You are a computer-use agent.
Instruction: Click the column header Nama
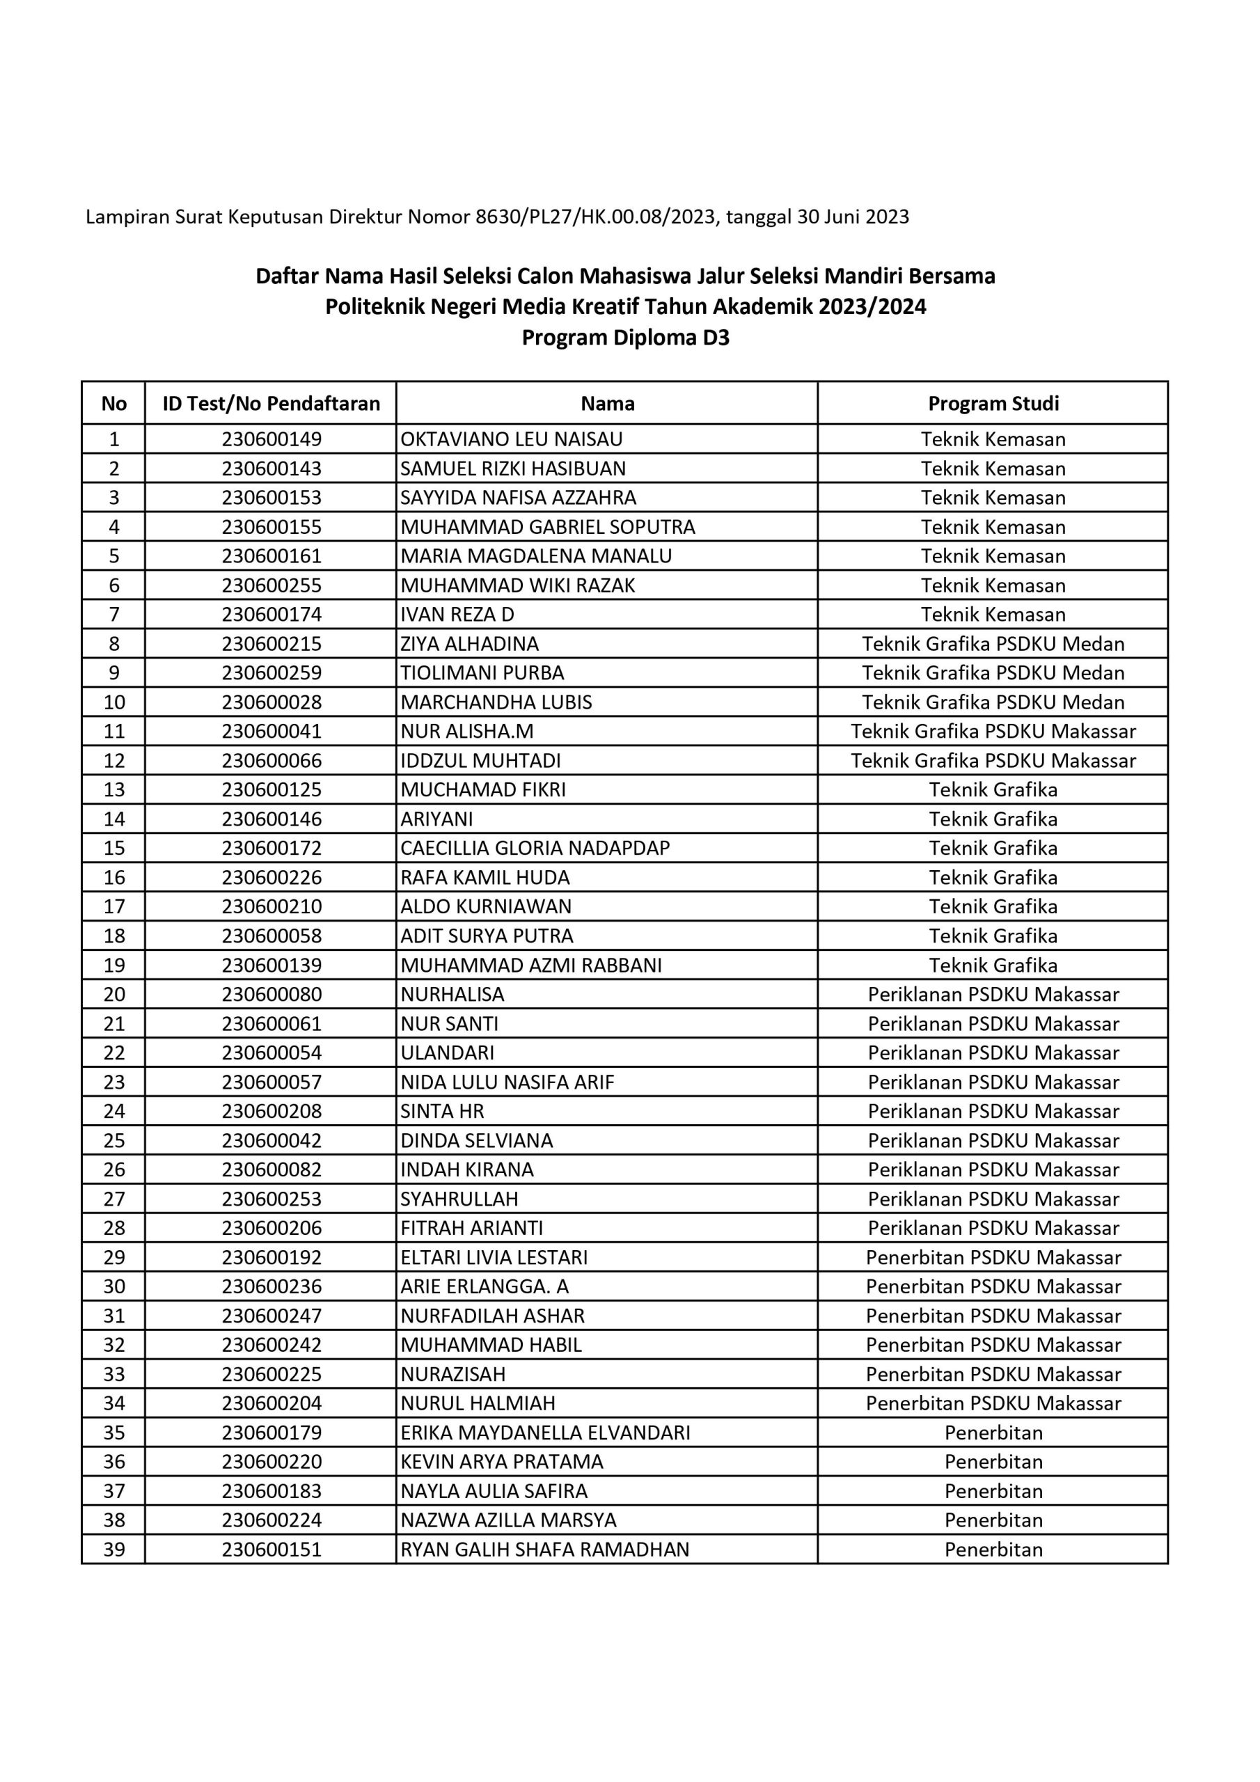pyautogui.click(x=607, y=404)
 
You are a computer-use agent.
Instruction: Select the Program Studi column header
pyautogui.click(x=993, y=404)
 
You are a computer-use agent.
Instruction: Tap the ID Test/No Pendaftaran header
pyautogui.click(x=271, y=404)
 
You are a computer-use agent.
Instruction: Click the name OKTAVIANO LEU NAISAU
pyautogui.click(x=511, y=439)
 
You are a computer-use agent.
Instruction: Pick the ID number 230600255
pyautogui.click(x=271, y=585)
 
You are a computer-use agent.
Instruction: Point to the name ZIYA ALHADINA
pyautogui.click(x=469, y=643)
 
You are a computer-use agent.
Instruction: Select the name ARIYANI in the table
pyautogui.click(x=436, y=819)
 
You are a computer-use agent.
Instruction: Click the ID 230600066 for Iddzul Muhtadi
pyautogui.click(x=271, y=761)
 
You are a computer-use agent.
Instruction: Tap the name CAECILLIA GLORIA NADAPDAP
pyautogui.click(x=535, y=849)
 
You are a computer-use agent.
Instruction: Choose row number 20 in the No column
pyautogui.click(x=114, y=994)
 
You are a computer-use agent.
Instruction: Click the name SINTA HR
pyautogui.click(x=442, y=1112)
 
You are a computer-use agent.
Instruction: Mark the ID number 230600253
pyautogui.click(x=271, y=1199)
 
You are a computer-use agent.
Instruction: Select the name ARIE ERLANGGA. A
pyautogui.click(x=485, y=1287)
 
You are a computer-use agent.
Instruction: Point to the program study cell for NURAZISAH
pyautogui.click(x=993, y=1375)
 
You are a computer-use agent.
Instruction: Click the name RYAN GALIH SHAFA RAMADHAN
pyautogui.click(x=544, y=1550)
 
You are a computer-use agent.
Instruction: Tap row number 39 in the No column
pyautogui.click(x=114, y=1550)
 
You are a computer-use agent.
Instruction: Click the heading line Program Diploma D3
pyautogui.click(x=625, y=338)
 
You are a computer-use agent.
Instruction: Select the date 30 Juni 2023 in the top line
pyautogui.click(x=853, y=216)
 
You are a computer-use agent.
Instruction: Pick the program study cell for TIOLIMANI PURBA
pyautogui.click(x=993, y=673)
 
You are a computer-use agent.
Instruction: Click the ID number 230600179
pyautogui.click(x=271, y=1433)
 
